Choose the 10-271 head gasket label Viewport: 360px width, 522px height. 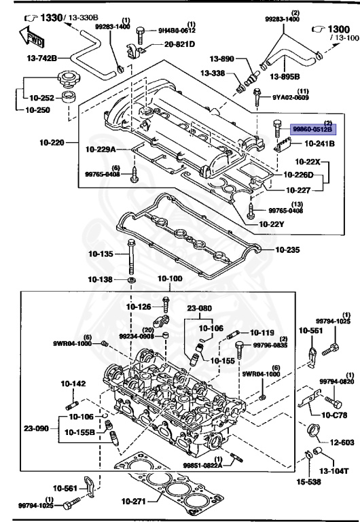coord(133,502)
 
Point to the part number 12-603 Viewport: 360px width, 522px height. coord(342,442)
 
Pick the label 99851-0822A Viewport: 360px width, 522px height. coord(202,465)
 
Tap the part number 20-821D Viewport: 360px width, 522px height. coord(179,44)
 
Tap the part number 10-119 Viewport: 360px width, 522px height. coord(262,332)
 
